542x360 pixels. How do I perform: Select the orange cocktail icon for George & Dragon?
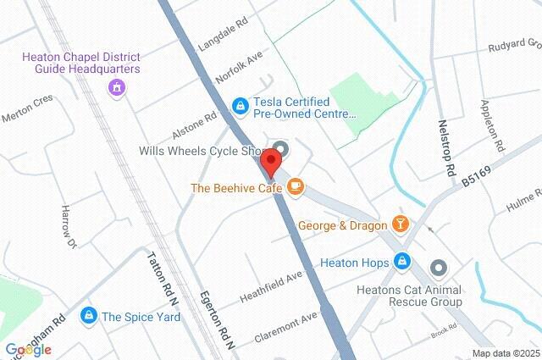pyautogui.click(x=401, y=224)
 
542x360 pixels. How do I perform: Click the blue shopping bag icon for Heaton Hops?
pyautogui.click(x=403, y=263)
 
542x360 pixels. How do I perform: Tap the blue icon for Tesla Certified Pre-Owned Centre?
pyautogui.click(x=241, y=105)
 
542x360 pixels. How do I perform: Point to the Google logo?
pyautogui.click(x=28, y=350)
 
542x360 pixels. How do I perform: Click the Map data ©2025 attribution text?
pyautogui.click(x=505, y=352)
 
